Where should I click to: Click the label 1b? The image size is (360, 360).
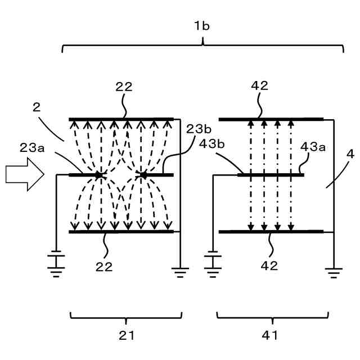[202, 25]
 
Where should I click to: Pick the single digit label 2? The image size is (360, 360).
[37, 107]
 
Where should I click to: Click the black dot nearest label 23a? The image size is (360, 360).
[98, 175]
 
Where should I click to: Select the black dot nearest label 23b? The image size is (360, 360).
[143, 175]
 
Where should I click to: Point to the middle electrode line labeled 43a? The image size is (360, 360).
[270, 175]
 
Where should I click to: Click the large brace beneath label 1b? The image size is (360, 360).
[202, 46]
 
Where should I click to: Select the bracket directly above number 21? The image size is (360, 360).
[126, 317]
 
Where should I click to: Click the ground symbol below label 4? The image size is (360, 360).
[334, 273]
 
